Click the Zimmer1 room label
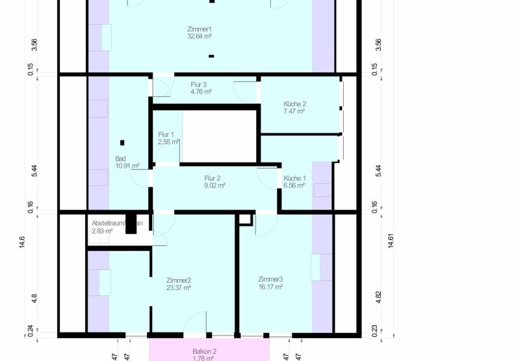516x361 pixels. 199,29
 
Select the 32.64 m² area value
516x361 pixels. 199,36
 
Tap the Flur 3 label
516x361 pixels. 199,85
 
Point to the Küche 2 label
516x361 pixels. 294,104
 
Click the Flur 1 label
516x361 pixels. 166,135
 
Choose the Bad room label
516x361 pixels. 120,159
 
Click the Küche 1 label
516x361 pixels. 294,178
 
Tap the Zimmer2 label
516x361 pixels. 178,280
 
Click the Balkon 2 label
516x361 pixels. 204,351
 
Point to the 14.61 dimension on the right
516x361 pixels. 391,241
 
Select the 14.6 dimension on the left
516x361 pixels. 21,241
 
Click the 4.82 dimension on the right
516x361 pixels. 379,297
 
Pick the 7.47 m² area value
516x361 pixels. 294,111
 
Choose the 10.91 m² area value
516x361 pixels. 127,166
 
